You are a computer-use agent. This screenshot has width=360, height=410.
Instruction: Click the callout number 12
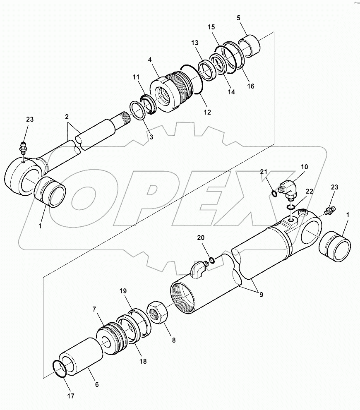tap(207, 112)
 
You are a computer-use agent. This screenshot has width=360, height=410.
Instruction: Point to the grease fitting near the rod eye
tap(23, 148)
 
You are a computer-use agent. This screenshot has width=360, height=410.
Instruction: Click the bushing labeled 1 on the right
tap(336, 247)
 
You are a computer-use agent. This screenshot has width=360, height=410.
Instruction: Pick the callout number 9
tap(261, 295)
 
